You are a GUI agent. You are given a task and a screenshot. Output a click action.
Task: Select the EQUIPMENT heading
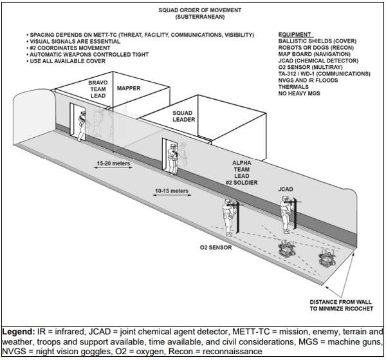tap(295, 33)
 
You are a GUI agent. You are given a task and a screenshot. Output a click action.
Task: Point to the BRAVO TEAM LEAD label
tap(98, 90)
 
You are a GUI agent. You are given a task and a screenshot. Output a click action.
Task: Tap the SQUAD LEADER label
tap(182, 117)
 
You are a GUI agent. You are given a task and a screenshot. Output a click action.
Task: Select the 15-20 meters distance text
tap(113, 164)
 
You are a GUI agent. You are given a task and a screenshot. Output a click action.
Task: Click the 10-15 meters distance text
tap(172, 191)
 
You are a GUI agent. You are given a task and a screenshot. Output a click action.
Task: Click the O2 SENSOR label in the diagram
tap(217, 247)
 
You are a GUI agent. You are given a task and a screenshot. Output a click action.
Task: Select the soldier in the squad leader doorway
tap(172, 158)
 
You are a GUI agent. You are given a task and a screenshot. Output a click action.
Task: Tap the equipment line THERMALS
tap(293, 88)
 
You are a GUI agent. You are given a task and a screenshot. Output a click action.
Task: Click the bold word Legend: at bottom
tap(18, 331)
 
